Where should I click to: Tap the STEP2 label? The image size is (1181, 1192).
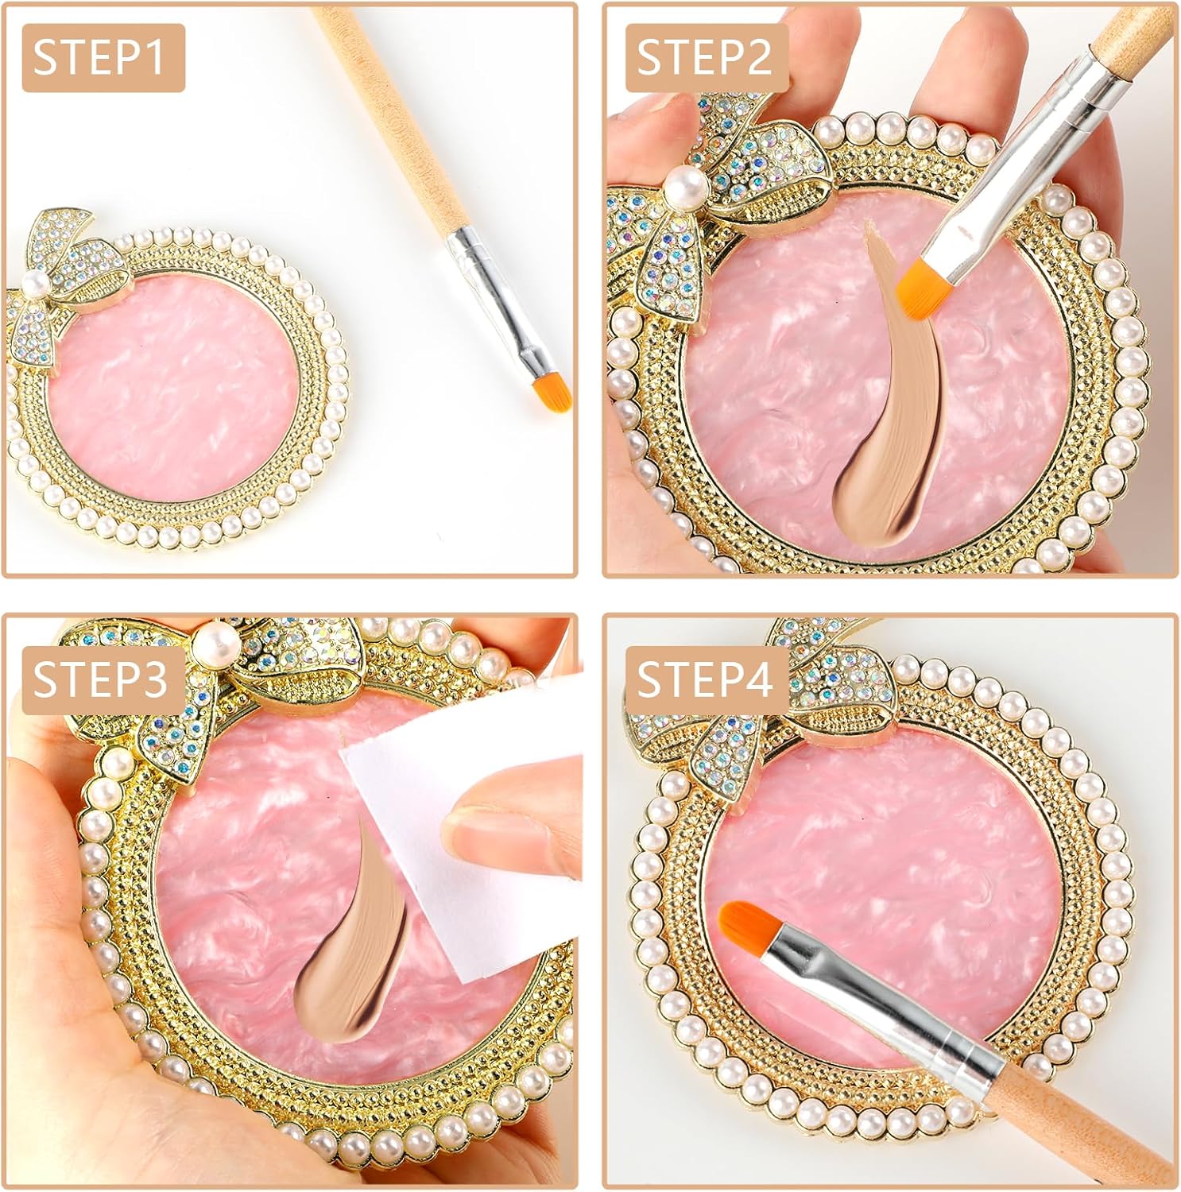[704, 59]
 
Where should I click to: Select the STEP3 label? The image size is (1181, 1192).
[102, 680]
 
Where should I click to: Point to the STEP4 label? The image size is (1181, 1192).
[706, 680]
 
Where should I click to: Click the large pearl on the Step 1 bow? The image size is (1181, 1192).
[32, 284]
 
